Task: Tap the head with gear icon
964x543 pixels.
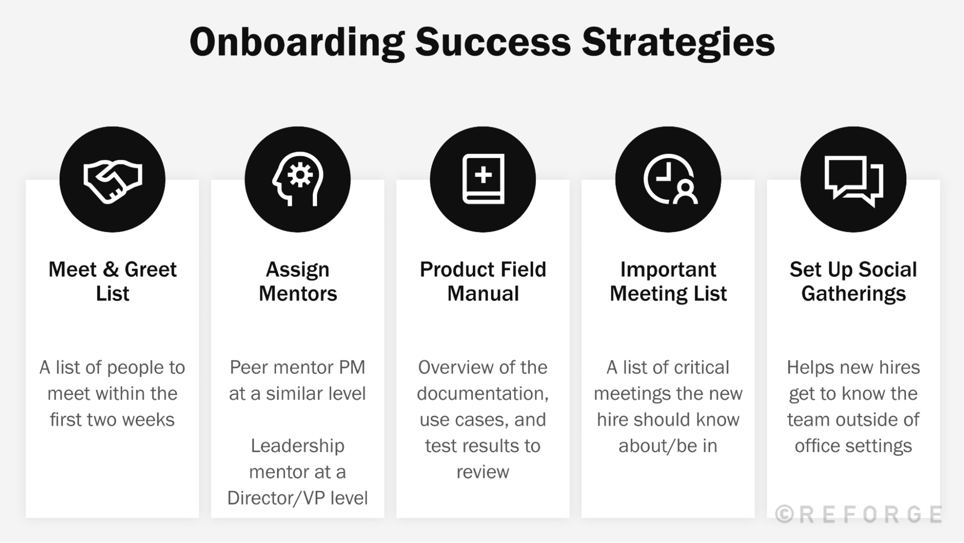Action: pyautogui.click(x=298, y=179)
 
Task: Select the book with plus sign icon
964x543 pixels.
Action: pyautogui.click(x=483, y=179)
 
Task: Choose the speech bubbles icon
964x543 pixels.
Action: pyautogui.click(x=854, y=180)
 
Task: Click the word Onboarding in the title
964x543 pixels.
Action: pyautogui.click(x=297, y=43)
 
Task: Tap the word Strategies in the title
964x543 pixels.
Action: pyautogui.click(x=678, y=43)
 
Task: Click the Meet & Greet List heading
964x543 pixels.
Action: pyautogui.click(x=113, y=281)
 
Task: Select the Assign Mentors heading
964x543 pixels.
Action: pyautogui.click(x=298, y=281)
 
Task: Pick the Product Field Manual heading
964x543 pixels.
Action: pyautogui.click(x=483, y=281)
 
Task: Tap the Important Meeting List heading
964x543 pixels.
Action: pyautogui.click(x=668, y=281)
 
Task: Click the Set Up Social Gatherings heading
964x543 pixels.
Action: pyautogui.click(x=853, y=281)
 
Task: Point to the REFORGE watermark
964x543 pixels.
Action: pyautogui.click(x=859, y=514)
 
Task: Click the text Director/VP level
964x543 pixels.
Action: pyautogui.click(x=298, y=498)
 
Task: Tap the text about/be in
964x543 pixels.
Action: pyautogui.click(x=668, y=446)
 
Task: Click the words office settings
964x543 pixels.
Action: pyautogui.click(x=853, y=446)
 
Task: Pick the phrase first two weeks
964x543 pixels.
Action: pyautogui.click(x=112, y=420)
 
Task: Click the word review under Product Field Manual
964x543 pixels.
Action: pyautogui.click(x=483, y=472)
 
